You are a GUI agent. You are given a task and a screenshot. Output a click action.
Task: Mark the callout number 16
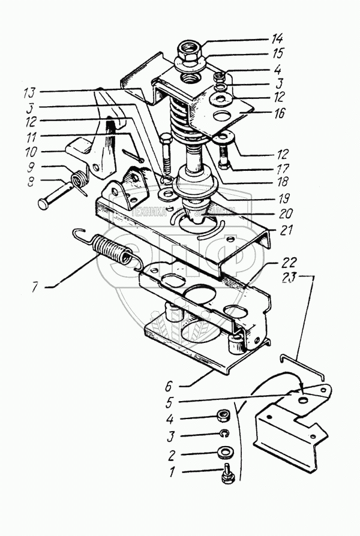click(280, 112)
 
